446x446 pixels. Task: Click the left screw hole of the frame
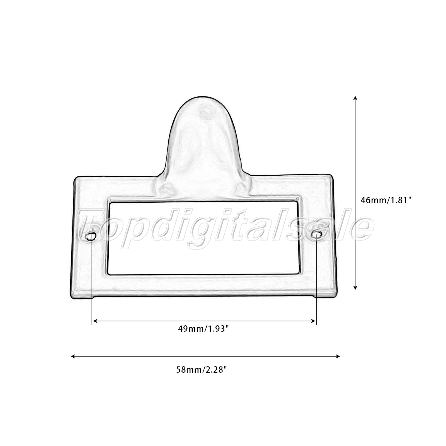(x=91, y=237)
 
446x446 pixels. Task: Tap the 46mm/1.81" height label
(x=386, y=200)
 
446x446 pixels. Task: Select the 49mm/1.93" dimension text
(x=203, y=329)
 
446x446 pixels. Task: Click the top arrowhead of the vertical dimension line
(x=355, y=98)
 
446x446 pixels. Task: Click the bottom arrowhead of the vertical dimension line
(x=355, y=287)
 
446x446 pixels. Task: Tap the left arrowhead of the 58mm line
(x=73, y=356)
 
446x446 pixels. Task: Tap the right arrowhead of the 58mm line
(x=338, y=356)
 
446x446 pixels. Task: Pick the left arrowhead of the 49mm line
(x=95, y=321)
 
